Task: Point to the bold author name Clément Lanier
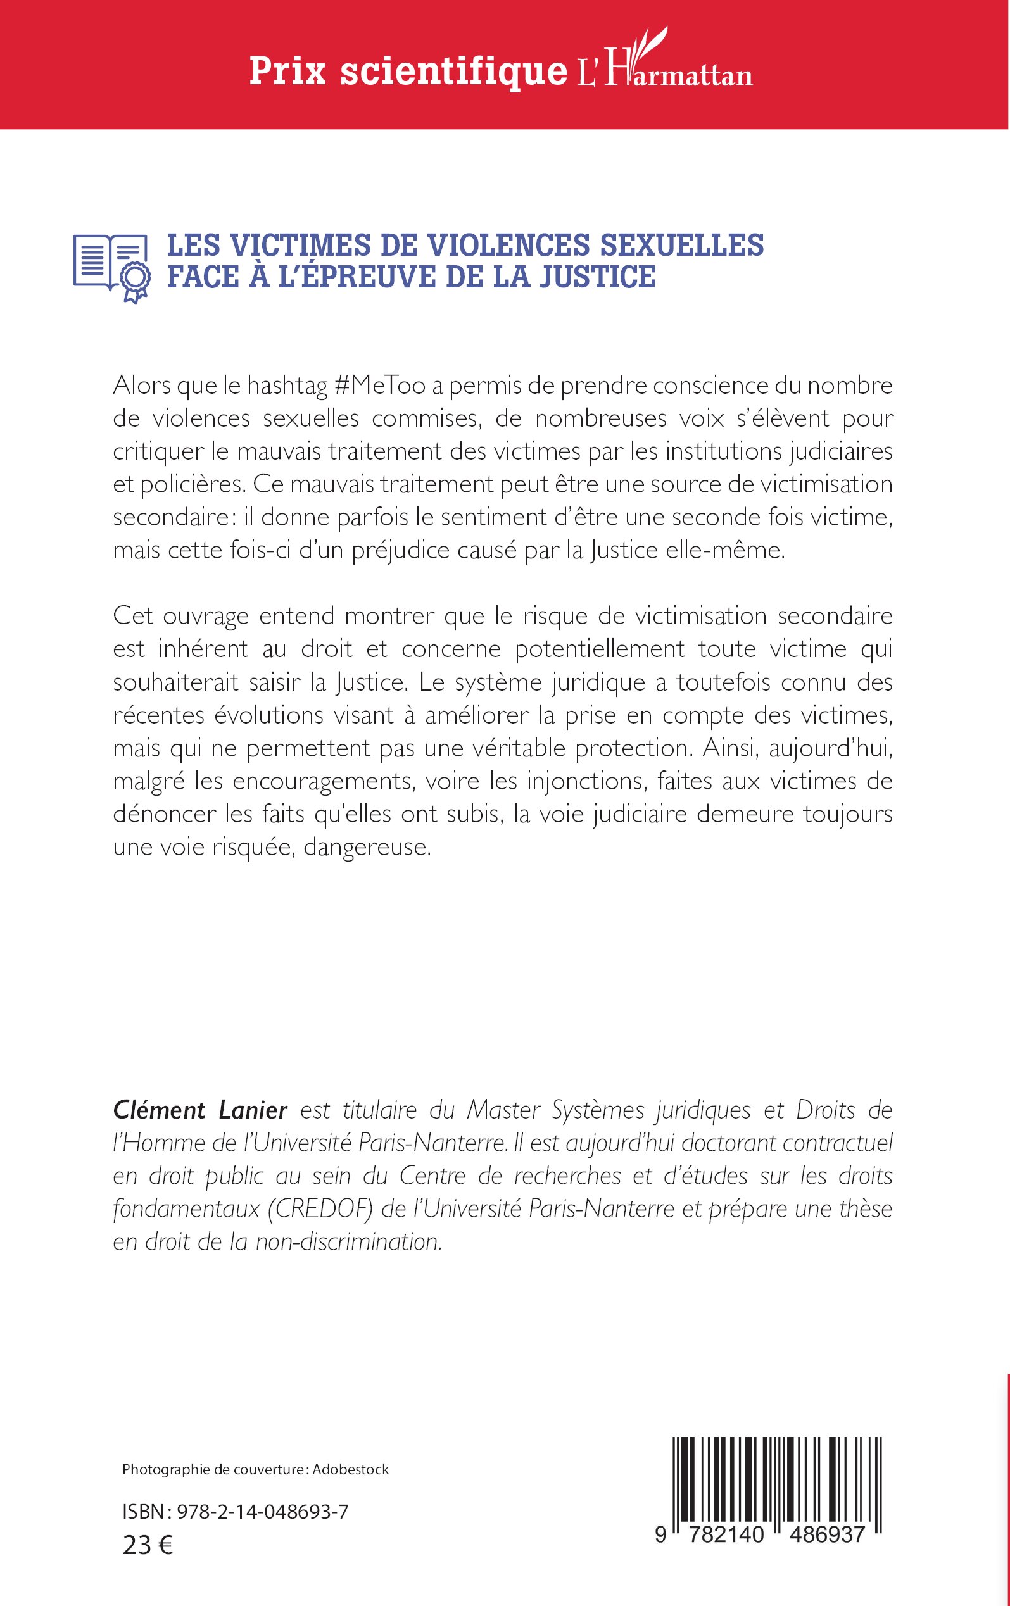click(200, 1110)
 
